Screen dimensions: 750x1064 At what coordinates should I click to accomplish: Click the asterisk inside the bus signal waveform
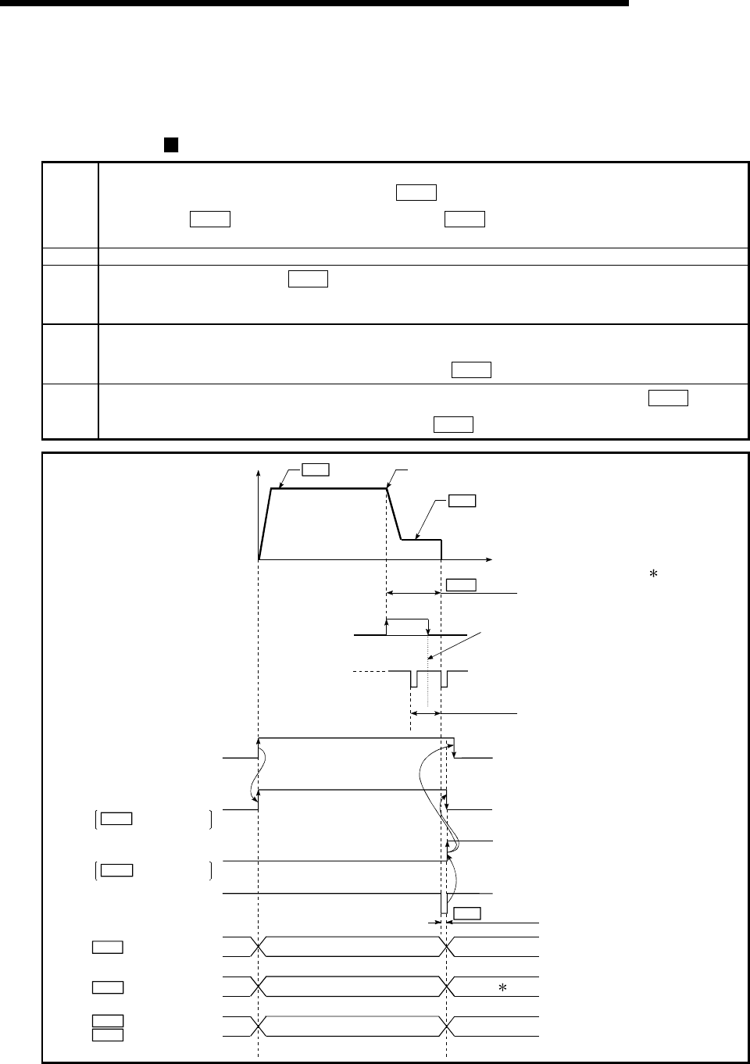pos(503,987)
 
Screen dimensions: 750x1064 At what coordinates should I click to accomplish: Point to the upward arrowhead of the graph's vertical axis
pos(258,472)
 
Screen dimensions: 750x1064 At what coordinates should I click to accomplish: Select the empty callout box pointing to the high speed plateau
pos(315,470)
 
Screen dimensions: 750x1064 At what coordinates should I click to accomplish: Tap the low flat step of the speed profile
pos(421,539)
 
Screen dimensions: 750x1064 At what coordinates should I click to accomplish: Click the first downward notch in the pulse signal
pos(414,680)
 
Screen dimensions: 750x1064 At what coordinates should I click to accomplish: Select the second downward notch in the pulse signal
pos(443,680)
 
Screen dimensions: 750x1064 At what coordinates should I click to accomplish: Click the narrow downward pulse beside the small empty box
pos(443,903)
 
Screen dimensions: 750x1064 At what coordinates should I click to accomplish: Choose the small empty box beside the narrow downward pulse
pos(467,912)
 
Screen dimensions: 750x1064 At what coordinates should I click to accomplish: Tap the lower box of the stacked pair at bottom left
pos(107,1035)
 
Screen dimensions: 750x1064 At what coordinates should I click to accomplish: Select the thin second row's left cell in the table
pos(70,253)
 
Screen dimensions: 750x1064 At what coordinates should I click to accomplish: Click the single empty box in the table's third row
pos(307,279)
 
